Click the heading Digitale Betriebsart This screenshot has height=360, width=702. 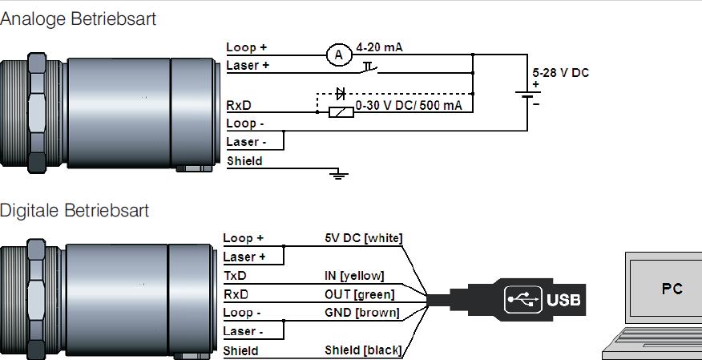(75, 211)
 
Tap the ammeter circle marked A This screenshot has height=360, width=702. (338, 55)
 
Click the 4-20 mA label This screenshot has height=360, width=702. (379, 47)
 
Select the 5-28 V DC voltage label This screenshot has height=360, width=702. (561, 73)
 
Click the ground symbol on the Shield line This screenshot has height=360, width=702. (340, 173)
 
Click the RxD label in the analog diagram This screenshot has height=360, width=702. (237, 104)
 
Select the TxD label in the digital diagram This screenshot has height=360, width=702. (235, 275)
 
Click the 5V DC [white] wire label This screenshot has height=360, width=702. (363, 238)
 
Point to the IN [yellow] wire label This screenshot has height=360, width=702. (354, 276)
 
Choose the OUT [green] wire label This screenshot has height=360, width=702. (359, 294)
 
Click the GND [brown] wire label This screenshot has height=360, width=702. (361, 313)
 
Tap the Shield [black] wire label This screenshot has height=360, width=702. (362, 350)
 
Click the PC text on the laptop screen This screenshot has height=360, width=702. (672, 289)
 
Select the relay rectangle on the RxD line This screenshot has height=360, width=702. (341, 111)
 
